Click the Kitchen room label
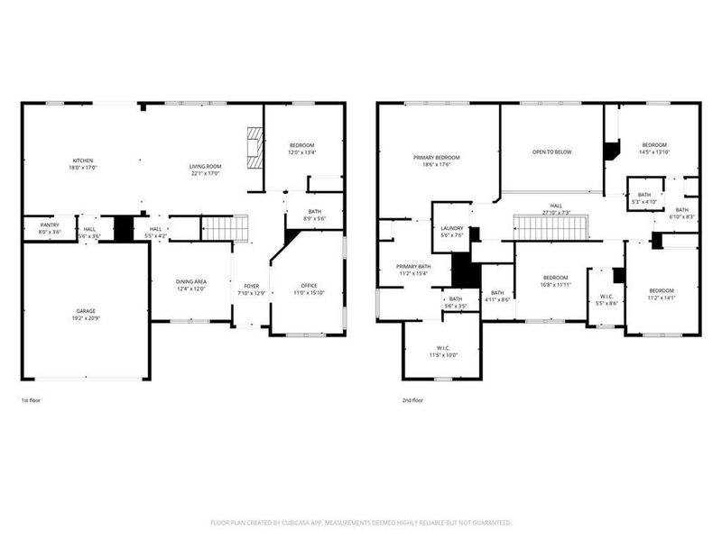click(82, 161)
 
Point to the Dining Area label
click(190, 282)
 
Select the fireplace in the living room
click(255, 146)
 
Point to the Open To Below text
click(551, 151)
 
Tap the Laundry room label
click(451, 229)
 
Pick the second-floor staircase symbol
click(550, 228)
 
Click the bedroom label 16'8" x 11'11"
click(555, 280)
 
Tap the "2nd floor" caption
click(412, 399)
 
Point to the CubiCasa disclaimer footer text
click(361, 522)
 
